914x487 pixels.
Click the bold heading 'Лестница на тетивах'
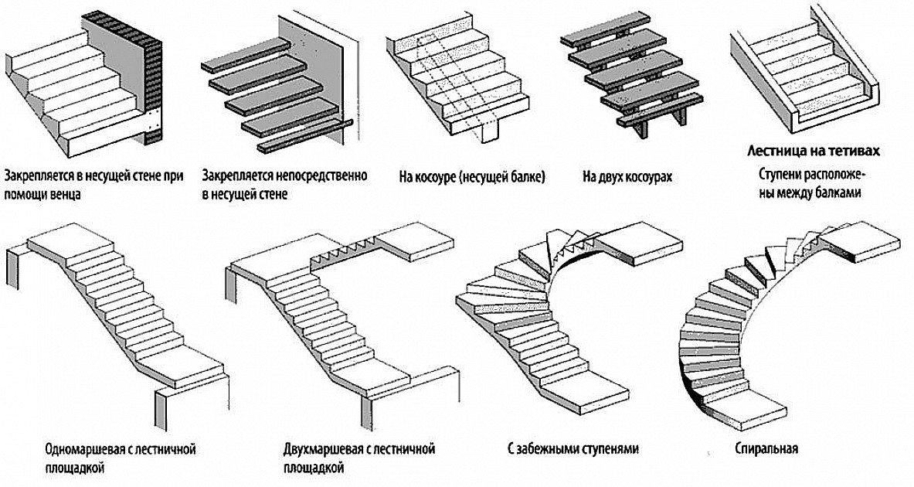(814, 150)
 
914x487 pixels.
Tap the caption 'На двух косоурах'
(627, 177)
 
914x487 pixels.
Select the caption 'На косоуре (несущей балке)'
(472, 177)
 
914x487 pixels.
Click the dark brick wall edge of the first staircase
(155, 77)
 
